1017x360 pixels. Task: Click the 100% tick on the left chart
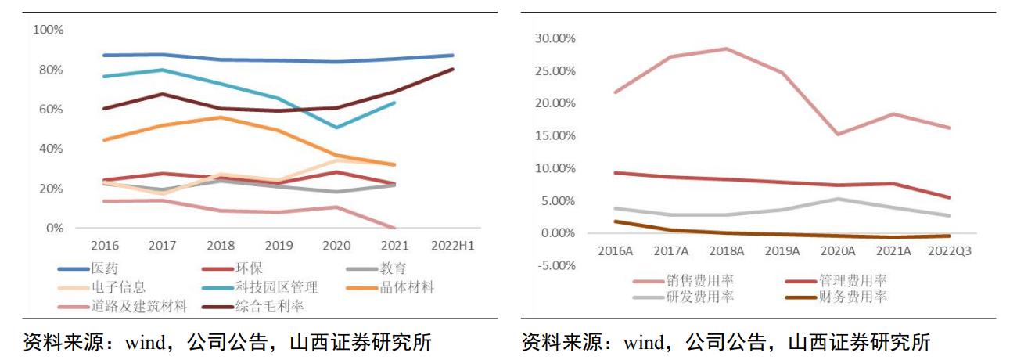(x=48, y=30)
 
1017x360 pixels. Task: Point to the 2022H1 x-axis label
(x=453, y=246)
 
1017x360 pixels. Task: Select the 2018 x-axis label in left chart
(x=221, y=246)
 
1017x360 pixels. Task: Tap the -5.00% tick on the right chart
(x=554, y=265)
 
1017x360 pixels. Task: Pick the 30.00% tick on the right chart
(x=554, y=38)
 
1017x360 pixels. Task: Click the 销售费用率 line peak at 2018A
(x=727, y=49)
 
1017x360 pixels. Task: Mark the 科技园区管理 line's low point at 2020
(x=336, y=127)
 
